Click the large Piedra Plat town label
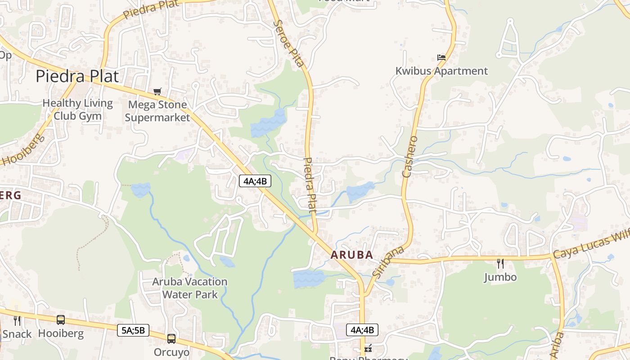77,76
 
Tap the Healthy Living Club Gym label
77,109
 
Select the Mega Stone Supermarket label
157,111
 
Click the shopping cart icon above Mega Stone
157,92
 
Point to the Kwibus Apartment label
441,71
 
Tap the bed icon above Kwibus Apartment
441,58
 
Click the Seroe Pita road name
288,43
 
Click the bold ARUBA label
352,255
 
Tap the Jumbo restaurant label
500,277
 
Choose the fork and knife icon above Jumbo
500,263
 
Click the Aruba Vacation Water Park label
189,288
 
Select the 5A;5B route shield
133,330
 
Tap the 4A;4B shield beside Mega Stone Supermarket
255,181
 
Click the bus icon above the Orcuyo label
171,338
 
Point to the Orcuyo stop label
171,352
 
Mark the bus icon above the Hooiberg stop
61,320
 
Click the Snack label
17,334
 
